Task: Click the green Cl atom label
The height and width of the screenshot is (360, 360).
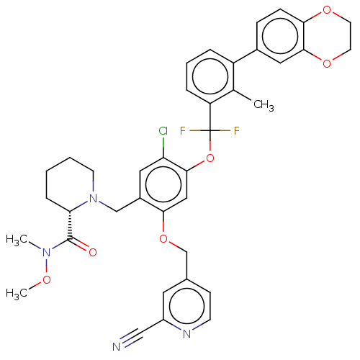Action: (163, 131)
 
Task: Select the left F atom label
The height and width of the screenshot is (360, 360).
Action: (183, 131)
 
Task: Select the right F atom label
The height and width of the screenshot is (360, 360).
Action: (237, 131)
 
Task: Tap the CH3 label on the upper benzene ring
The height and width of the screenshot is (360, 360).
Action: (264, 105)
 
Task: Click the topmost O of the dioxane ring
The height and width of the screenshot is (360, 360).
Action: (327, 10)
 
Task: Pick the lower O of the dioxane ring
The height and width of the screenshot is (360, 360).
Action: (327, 63)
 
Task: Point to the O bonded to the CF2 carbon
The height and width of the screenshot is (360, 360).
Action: (210, 158)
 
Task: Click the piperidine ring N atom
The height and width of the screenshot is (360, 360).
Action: (94, 198)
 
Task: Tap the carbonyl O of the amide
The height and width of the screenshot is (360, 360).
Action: (93, 253)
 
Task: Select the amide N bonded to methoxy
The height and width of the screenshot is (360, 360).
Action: (46, 253)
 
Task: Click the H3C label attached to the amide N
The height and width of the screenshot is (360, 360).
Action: (17, 240)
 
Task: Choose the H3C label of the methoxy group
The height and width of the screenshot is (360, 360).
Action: (17, 294)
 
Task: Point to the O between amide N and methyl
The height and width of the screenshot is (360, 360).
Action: (46, 279)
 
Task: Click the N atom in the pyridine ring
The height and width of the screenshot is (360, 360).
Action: (186, 333)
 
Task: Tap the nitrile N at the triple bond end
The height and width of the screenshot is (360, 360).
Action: (117, 347)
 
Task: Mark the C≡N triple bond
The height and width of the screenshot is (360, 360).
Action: (132, 338)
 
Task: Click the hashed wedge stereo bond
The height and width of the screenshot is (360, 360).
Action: (70, 225)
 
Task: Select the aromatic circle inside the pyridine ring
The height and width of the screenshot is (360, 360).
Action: (186, 306)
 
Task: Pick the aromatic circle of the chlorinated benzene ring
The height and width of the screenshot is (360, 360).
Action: (163, 184)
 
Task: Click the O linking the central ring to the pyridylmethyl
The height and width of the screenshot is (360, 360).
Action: (163, 239)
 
